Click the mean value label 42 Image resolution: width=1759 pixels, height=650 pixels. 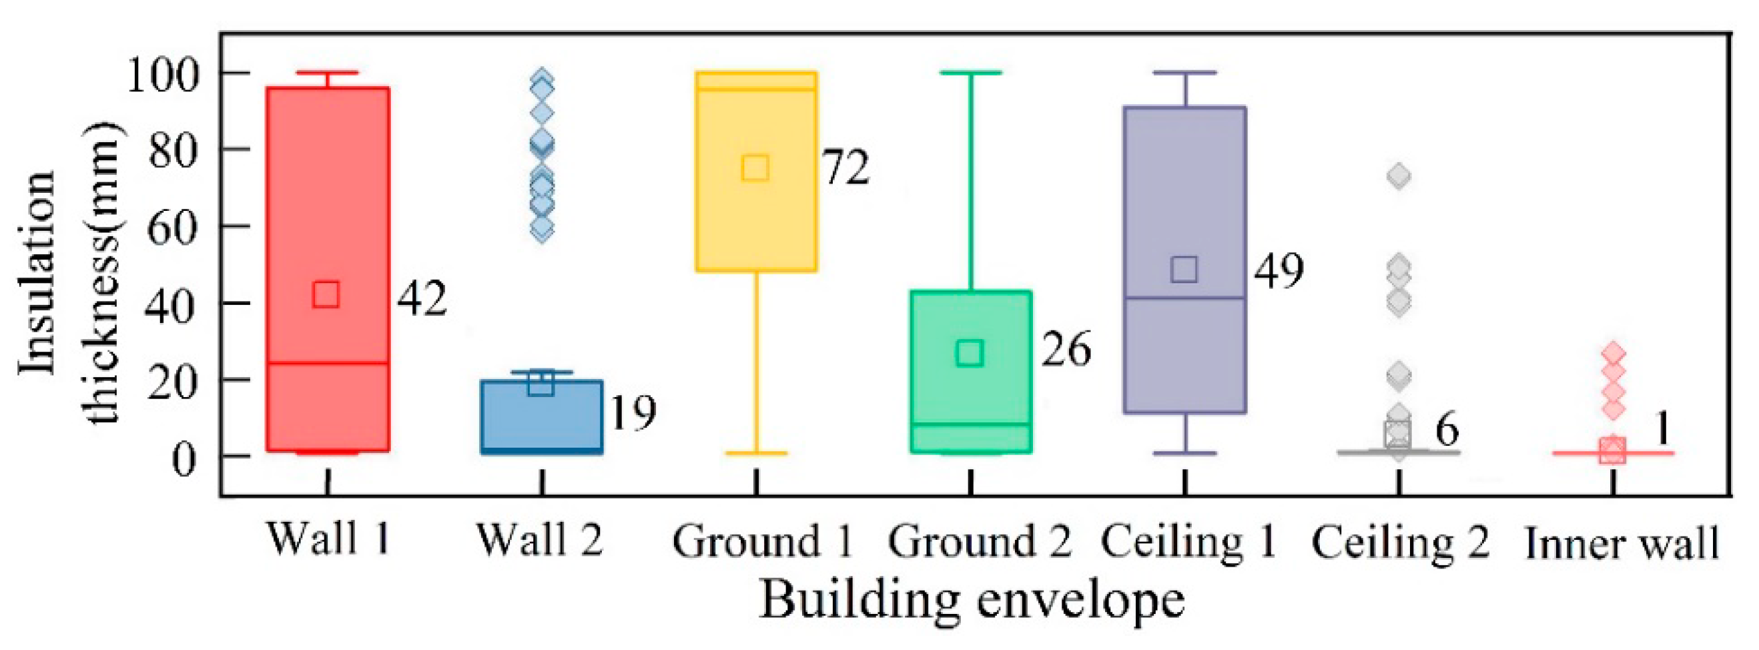tap(422, 298)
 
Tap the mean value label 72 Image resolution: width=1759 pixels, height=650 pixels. tap(845, 168)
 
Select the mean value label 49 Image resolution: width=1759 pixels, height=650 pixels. tap(1279, 270)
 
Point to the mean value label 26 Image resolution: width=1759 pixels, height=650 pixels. tap(1066, 350)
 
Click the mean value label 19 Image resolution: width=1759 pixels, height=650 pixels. tap(633, 413)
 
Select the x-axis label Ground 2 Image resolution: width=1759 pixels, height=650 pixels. tap(979, 542)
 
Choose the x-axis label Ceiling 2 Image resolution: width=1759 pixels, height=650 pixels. tap(1400, 543)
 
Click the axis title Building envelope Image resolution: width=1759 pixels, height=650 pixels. tap(972, 600)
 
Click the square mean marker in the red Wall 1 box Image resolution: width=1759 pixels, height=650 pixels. tap(326, 294)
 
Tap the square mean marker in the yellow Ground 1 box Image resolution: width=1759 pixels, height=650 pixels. tap(755, 168)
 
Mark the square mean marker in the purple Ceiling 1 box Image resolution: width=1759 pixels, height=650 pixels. tap(1184, 270)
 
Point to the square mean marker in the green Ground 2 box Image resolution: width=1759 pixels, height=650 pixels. tap(970, 353)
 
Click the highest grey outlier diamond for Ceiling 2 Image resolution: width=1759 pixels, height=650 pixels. tap(1399, 176)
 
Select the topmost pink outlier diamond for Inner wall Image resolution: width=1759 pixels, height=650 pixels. tap(1614, 353)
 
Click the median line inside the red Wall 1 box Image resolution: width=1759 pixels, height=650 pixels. tap(328, 362)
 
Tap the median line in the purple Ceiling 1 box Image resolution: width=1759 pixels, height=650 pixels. tap(1184, 298)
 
